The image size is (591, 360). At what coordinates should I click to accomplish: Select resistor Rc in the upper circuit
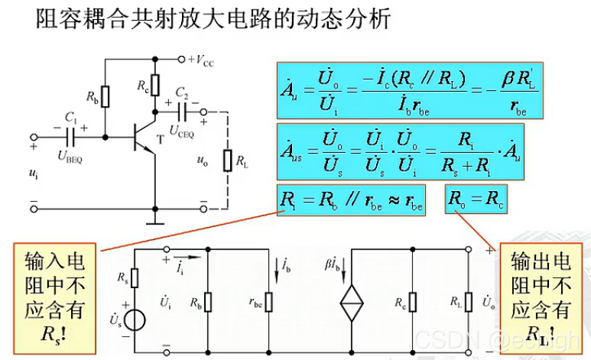155,83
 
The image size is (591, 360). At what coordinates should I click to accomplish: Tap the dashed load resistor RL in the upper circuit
227,161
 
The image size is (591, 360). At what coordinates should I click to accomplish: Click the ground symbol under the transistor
155,222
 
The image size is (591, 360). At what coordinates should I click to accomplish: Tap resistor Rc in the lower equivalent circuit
412,303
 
